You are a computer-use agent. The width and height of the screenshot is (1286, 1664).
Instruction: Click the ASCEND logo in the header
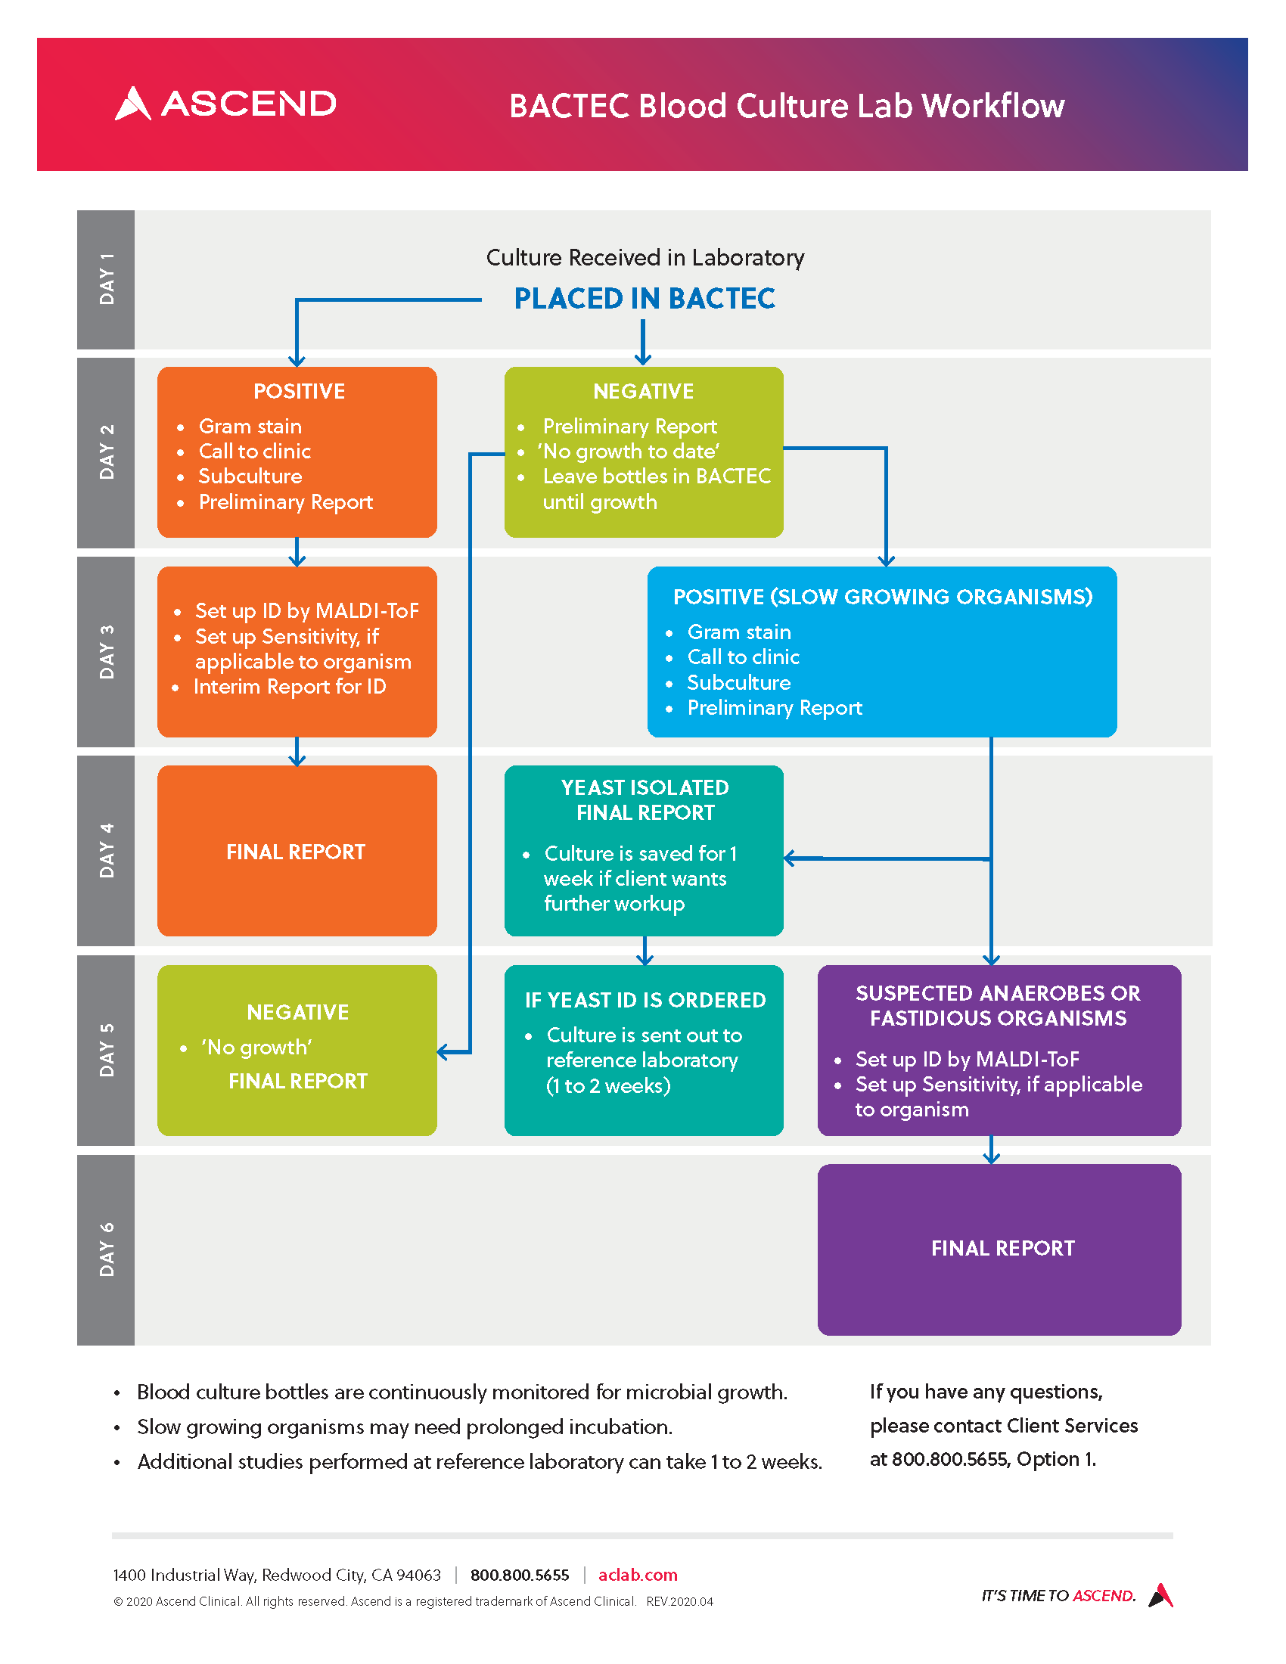click(x=225, y=104)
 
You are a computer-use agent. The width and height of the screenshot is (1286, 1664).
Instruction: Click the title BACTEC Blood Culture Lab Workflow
click(x=786, y=106)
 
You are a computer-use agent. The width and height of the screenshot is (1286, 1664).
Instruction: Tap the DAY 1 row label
click(x=106, y=279)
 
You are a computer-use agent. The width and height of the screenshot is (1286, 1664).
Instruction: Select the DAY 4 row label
click(x=106, y=850)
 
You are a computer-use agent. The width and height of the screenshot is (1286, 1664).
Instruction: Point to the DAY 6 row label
click(x=106, y=1249)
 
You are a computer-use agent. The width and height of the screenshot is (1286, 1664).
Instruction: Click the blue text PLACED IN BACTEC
click(x=645, y=299)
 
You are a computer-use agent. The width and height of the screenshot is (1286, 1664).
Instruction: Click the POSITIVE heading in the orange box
click(x=299, y=391)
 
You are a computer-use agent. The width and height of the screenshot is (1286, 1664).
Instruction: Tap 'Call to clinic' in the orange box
click(x=254, y=451)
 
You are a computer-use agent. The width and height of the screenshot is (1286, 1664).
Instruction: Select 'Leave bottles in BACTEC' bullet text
click(x=656, y=477)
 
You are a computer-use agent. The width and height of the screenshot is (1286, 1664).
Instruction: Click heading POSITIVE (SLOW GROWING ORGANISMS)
click(x=882, y=597)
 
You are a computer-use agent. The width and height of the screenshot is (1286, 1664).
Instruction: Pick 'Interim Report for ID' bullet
click(x=290, y=687)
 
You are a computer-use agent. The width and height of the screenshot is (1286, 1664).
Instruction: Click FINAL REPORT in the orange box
click(x=296, y=852)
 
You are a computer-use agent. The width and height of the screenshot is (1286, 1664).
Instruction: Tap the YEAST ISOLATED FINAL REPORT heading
click(x=645, y=799)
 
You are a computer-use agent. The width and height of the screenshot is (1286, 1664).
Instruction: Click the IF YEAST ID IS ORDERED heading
click(x=645, y=1000)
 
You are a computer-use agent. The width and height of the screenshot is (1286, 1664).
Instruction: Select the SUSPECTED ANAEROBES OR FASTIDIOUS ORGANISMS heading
click(x=998, y=1005)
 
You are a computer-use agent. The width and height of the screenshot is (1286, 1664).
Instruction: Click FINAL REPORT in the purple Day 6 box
click(x=1002, y=1248)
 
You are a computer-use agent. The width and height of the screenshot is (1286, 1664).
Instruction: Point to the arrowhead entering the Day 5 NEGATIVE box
click(x=443, y=1052)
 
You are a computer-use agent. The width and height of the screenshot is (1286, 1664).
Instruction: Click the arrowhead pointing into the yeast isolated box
click(x=791, y=858)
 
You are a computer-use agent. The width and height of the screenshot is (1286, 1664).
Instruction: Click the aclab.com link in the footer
click(x=638, y=1575)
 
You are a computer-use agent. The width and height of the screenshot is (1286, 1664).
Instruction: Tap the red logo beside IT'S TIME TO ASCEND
click(x=1161, y=1594)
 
